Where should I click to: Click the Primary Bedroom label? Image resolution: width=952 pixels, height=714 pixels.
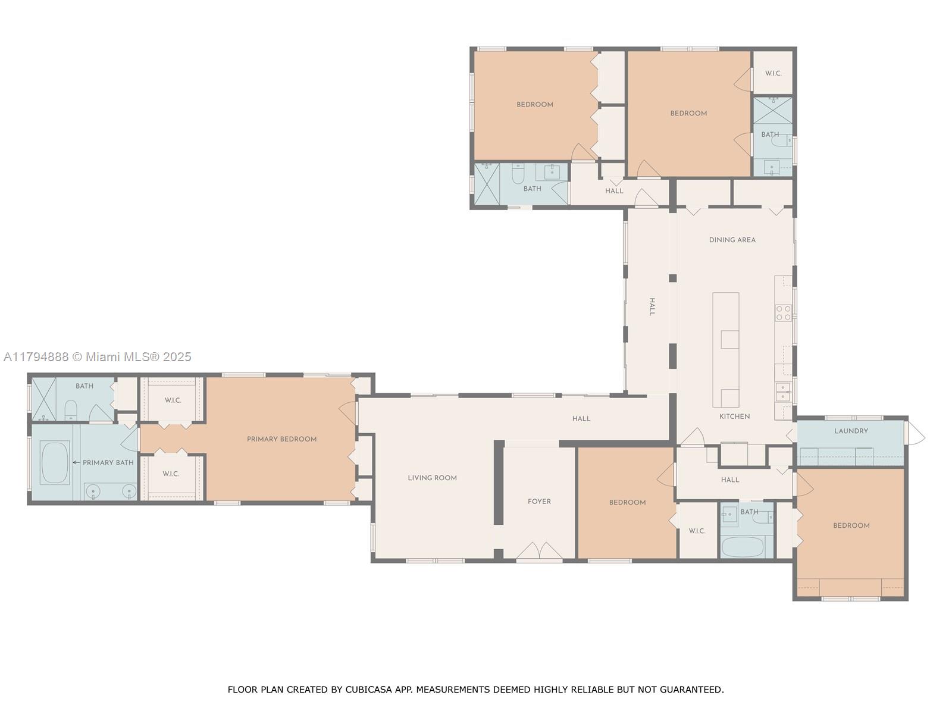pyautogui.click(x=281, y=439)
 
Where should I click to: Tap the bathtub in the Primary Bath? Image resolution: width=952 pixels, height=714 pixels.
pyautogui.click(x=55, y=462)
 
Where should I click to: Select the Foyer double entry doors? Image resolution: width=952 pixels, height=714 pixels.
pyautogui.click(x=539, y=551)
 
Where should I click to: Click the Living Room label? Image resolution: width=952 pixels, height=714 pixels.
pyautogui.click(x=432, y=478)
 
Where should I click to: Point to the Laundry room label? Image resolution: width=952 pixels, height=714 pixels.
pyautogui.click(x=851, y=431)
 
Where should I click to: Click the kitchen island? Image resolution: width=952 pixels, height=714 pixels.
pyautogui.click(x=726, y=350)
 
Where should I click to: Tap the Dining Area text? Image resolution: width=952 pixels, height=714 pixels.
pyautogui.click(x=732, y=240)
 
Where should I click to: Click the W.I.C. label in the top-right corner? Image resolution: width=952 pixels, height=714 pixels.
pyautogui.click(x=773, y=73)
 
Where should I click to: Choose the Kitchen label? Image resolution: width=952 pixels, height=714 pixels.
pyautogui.click(x=734, y=416)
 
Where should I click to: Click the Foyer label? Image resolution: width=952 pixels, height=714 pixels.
pyautogui.click(x=539, y=502)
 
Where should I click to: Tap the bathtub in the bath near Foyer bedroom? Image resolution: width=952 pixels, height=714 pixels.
pyautogui.click(x=742, y=547)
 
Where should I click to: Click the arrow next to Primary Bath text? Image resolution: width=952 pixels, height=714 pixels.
pyautogui.click(x=76, y=462)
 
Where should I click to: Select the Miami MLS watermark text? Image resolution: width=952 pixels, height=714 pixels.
pyautogui.click(x=98, y=357)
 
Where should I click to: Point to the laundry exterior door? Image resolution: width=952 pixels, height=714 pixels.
pyautogui.click(x=915, y=433)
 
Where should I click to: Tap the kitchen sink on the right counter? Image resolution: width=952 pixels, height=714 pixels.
pyautogui.click(x=783, y=392)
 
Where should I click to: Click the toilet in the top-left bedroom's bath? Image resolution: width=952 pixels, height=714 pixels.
pyautogui.click(x=518, y=174)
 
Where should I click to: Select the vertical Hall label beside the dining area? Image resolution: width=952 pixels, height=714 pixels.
pyautogui.click(x=652, y=307)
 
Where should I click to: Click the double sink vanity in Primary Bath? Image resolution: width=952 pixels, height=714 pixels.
pyautogui.click(x=111, y=491)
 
